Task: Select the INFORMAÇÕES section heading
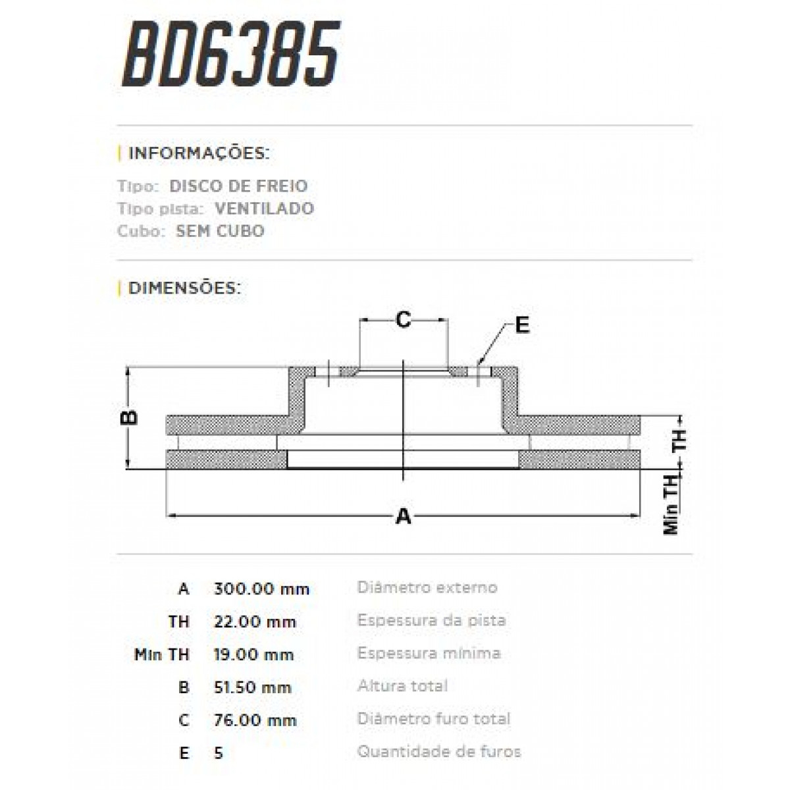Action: tap(198, 153)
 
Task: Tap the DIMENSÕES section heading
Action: tap(184, 288)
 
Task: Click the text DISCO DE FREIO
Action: tap(238, 186)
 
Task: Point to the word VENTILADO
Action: tap(264, 209)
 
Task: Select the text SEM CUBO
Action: tap(220, 231)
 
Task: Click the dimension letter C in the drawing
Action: tap(403, 320)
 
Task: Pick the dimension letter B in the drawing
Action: tap(131, 417)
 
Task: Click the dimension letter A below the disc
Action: tap(403, 517)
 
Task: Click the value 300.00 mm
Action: tap(261, 589)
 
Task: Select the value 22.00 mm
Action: tap(255, 621)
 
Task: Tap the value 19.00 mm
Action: tap(253, 654)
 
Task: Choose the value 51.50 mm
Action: tap(252, 687)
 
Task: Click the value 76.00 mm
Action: tap(255, 720)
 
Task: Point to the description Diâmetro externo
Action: tap(427, 587)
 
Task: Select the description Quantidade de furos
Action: tap(438, 751)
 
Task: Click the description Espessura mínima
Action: tap(429, 653)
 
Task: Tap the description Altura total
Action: tap(402, 686)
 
